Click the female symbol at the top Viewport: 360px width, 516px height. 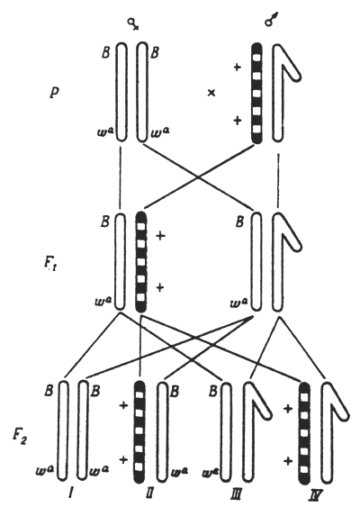click(135, 21)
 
